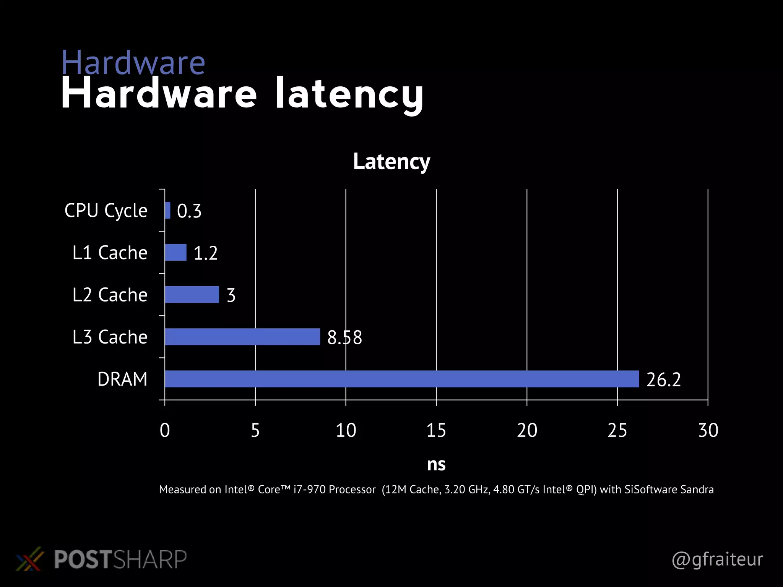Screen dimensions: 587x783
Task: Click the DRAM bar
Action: tap(401, 379)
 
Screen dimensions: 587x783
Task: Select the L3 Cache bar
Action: tap(242, 337)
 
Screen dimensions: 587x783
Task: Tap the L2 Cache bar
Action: tap(192, 295)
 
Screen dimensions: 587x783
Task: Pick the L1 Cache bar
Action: tap(175, 252)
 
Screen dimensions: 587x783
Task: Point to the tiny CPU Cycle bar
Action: tap(167, 210)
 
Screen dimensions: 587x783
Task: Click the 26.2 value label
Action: tap(663, 379)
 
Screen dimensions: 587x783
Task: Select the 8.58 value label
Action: tap(344, 337)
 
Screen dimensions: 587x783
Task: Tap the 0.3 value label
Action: tap(189, 211)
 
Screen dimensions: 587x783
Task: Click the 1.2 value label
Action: tap(206, 253)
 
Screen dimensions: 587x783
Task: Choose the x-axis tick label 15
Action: tap(436, 430)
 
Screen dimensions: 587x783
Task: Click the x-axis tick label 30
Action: tap(708, 430)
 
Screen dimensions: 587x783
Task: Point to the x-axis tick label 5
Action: tap(255, 430)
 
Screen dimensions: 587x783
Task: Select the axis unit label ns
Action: tap(436, 464)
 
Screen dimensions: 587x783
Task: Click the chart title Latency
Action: tap(391, 162)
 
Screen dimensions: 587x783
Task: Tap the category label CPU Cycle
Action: tap(106, 211)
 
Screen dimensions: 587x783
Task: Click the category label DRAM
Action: tap(122, 379)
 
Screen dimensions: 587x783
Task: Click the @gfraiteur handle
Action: tap(717, 559)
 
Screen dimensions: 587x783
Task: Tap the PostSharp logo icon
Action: tap(29, 559)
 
